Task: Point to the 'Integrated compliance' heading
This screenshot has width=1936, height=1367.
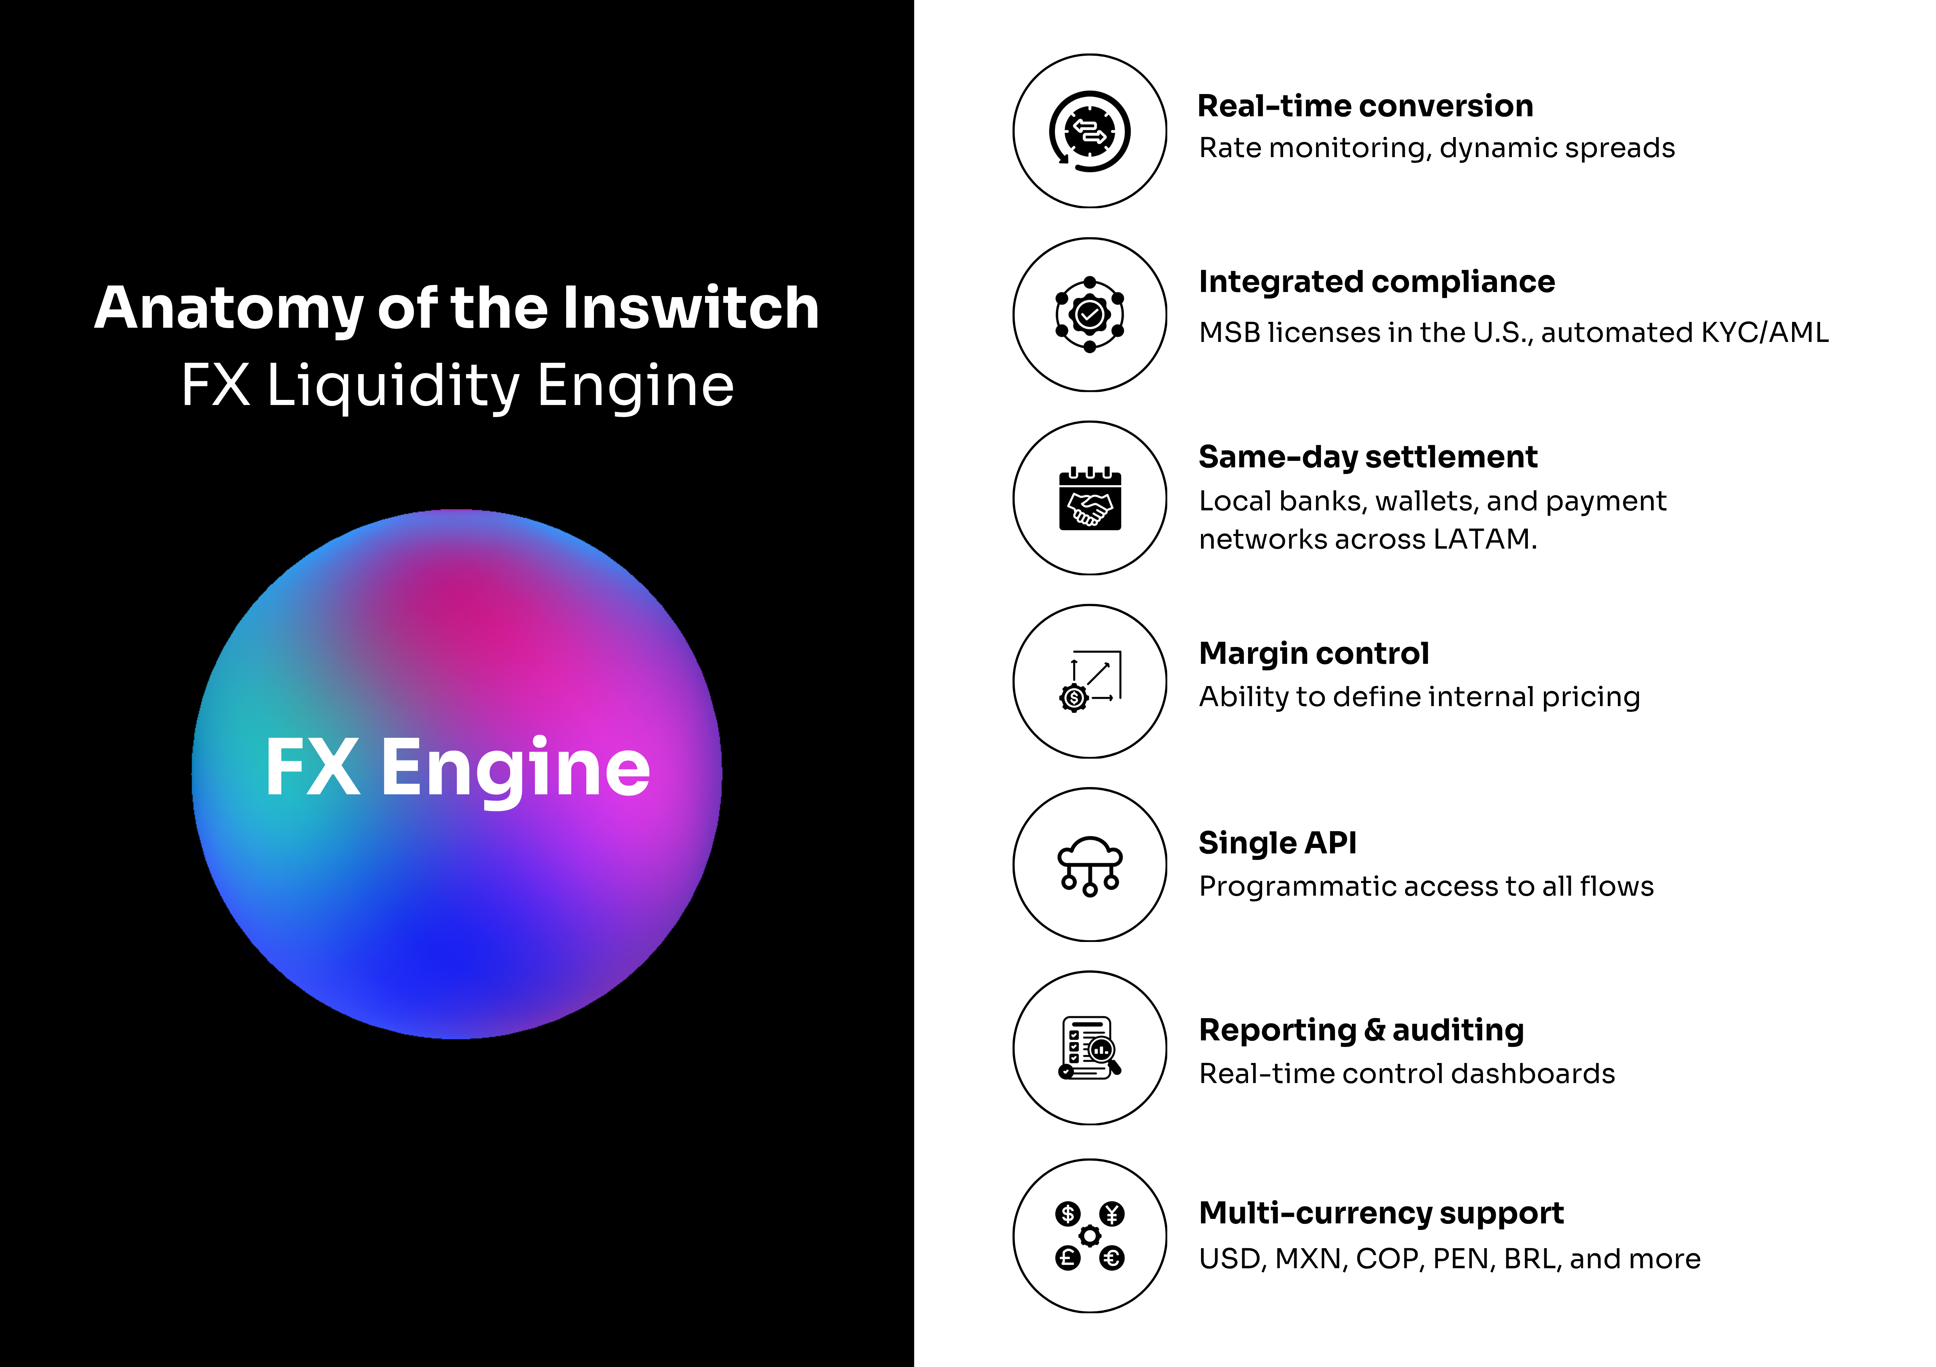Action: (x=1376, y=282)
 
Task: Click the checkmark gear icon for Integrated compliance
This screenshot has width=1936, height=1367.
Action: (x=1090, y=315)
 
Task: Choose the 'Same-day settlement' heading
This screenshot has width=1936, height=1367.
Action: (x=1368, y=457)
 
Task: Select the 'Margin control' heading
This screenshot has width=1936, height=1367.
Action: (x=1314, y=654)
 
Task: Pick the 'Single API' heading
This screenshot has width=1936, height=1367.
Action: (x=1278, y=842)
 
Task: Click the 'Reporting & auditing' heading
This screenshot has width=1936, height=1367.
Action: (x=1361, y=1030)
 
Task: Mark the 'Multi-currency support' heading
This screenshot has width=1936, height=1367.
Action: (x=1380, y=1213)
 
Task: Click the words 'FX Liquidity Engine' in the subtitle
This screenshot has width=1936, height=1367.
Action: (x=457, y=385)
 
